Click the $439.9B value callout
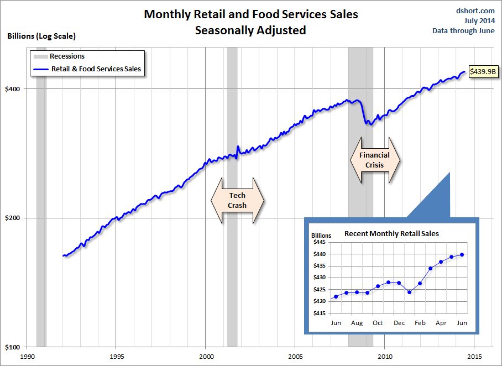(482, 71)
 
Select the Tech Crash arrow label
(237, 201)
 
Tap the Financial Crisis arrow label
(374, 160)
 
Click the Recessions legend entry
(66, 56)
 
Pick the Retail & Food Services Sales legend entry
(95, 69)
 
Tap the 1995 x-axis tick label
(116, 357)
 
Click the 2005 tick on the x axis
(295, 357)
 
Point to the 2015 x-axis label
(474, 357)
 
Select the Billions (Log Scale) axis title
(41, 36)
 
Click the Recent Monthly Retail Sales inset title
(391, 233)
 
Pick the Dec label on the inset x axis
(399, 323)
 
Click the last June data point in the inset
(462, 255)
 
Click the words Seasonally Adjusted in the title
(250, 30)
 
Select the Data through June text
(463, 30)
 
